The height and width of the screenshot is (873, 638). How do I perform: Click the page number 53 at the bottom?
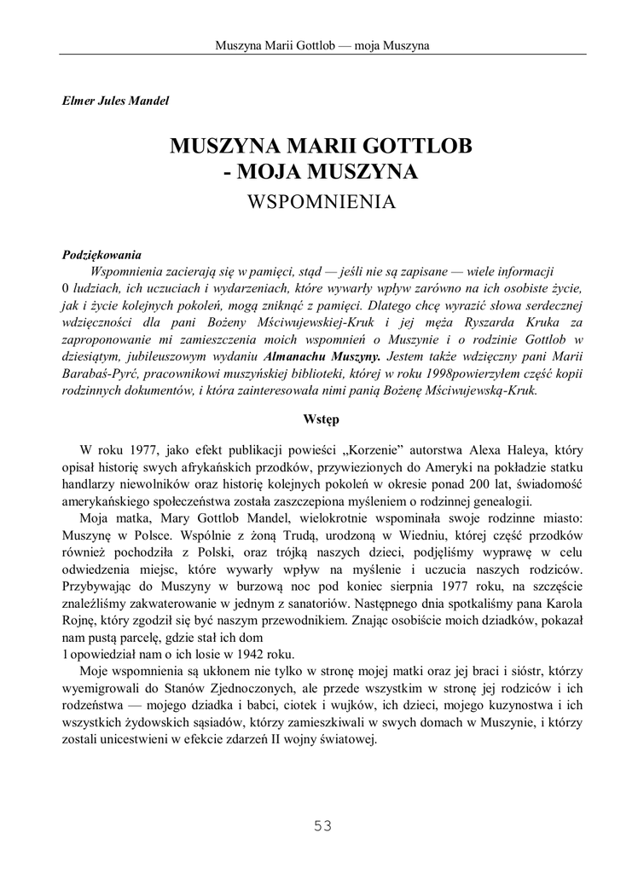pyautogui.click(x=322, y=825)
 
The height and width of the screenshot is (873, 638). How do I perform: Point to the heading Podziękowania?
pyautogui.click(x=102, y=254)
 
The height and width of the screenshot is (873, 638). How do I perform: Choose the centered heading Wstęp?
pyautogui.click(x=321, y=419)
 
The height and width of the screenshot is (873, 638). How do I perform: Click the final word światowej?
pyautogui.click(x=348, y=739)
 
